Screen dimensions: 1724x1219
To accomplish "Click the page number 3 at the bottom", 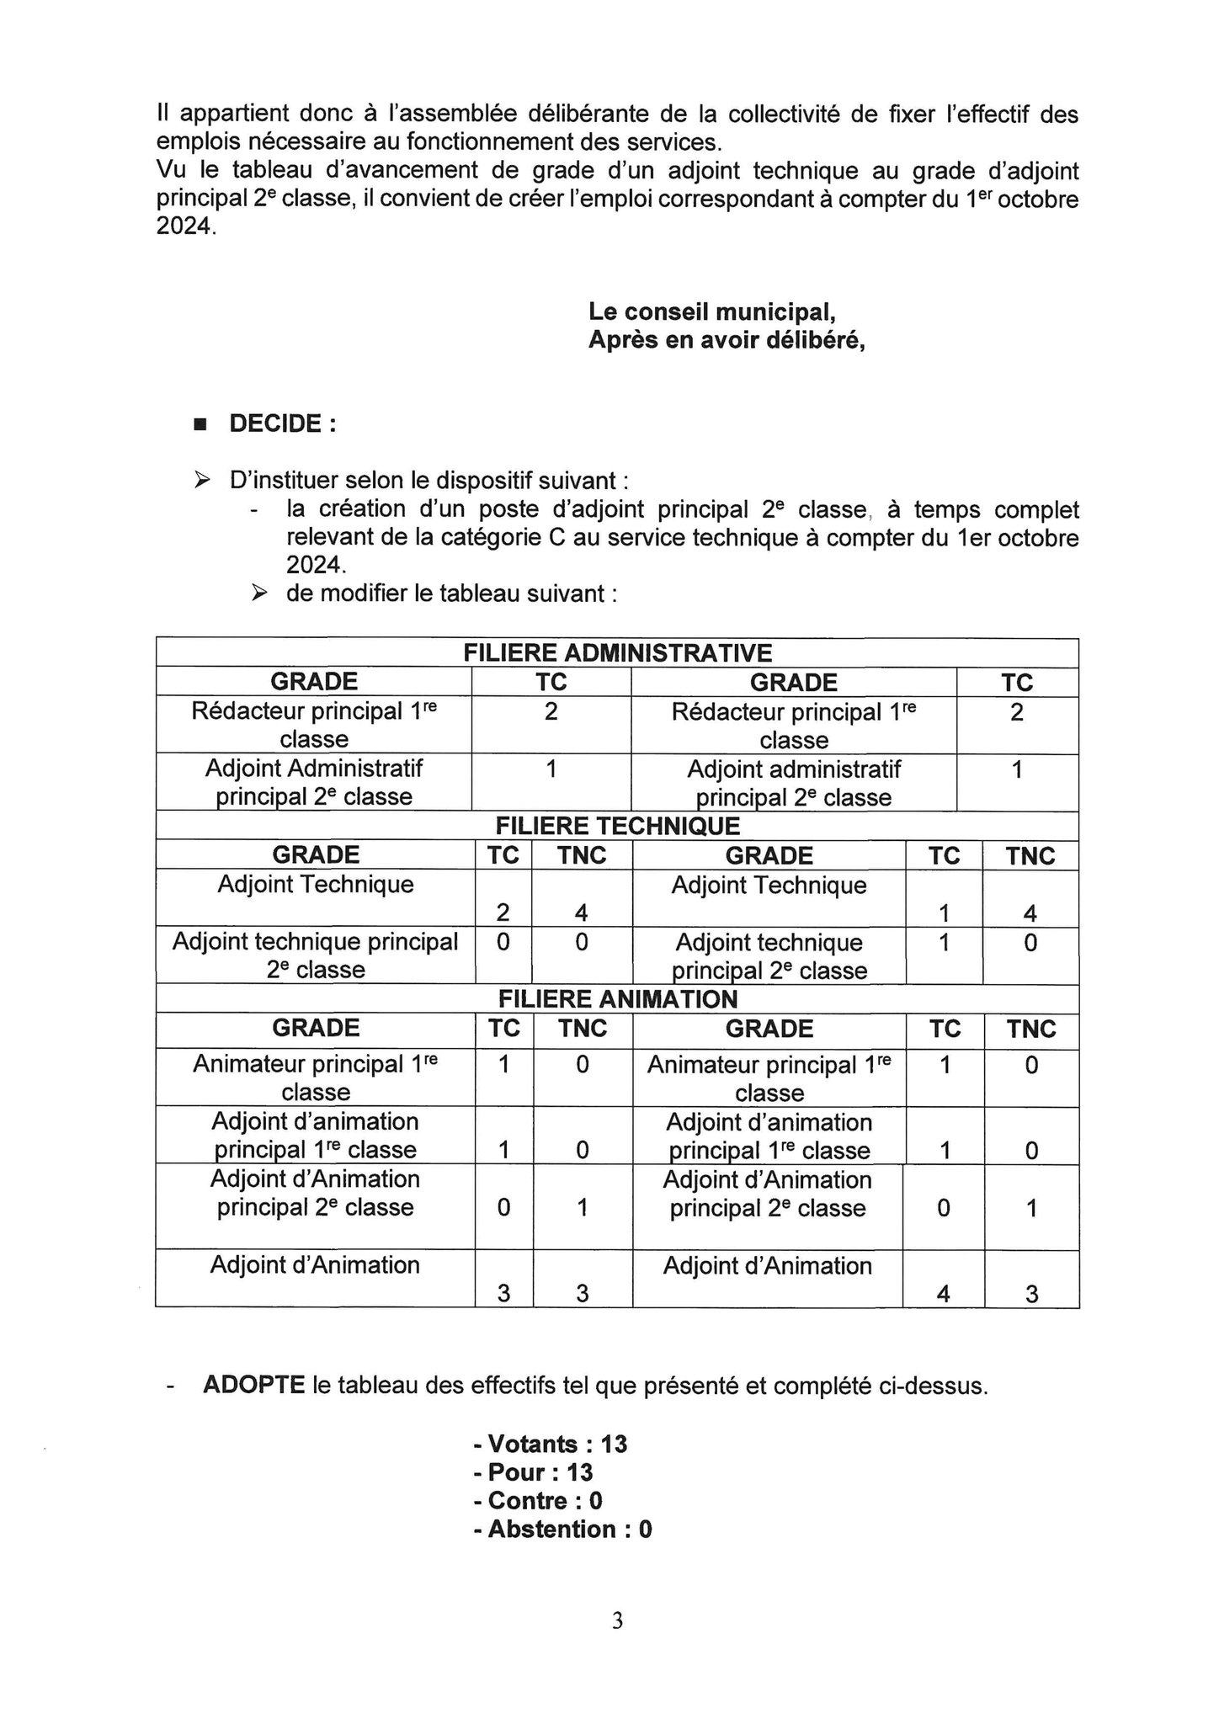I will (617, 1620).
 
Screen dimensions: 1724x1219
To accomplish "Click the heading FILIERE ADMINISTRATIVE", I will (617, 652).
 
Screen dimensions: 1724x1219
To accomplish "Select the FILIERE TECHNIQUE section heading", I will (618, 826).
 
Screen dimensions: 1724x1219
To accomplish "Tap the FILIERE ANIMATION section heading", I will (618, 999).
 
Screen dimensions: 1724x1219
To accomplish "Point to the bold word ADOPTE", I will (253, 1386).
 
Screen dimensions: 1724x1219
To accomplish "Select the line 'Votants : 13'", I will (551, 1444).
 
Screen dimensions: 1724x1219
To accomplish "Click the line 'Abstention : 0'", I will (562, 1529).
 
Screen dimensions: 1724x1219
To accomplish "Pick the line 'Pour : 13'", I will (533, 1471).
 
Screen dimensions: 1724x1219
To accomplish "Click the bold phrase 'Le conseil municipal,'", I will (712, 311).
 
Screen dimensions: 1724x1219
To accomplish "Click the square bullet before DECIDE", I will (200, 424).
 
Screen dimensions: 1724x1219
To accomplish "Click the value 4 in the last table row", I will (944, 1294).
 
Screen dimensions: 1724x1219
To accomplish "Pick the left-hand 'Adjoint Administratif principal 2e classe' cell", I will (314, 782).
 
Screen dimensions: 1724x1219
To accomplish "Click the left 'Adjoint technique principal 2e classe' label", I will (316, 955).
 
